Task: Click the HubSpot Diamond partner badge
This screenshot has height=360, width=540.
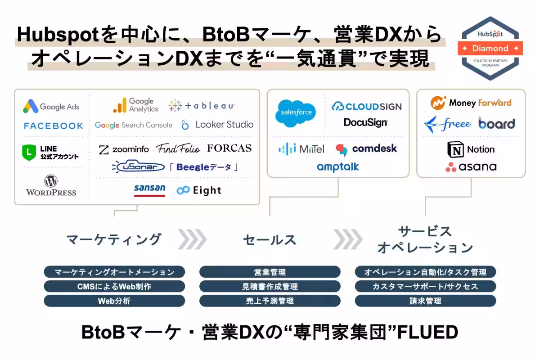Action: point(490,48)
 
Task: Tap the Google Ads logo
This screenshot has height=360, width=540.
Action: point(51,107)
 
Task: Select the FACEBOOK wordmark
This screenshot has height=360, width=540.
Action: point(54,126)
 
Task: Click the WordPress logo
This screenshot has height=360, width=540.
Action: point(51,186)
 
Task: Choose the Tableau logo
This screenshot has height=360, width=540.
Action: point(201,106)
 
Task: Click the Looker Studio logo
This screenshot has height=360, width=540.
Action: point(217,125)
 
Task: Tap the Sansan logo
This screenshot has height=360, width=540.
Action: point(149,189)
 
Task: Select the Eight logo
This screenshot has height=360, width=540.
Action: point(199,190)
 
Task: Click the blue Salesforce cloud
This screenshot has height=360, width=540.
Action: point(296,112)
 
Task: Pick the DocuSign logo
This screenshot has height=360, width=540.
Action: point(366,122)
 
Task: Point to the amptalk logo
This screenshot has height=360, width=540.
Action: point(338,167)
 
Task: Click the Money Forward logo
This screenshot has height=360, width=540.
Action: point(471,103)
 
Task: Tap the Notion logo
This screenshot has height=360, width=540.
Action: point(471,149)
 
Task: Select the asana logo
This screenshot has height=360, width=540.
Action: point(471,167)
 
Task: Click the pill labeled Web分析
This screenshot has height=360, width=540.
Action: point(114,301)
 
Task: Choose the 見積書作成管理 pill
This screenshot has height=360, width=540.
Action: point(270,287)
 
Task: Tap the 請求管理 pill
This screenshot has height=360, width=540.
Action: point(425,301)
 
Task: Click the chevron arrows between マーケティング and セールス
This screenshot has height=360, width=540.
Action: point(192,239)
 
